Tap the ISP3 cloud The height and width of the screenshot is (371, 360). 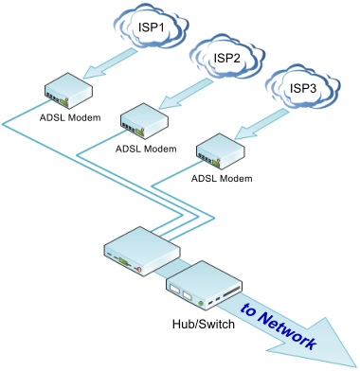(x=301, y=87)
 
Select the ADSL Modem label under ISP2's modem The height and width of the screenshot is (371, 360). (x=146, y=149)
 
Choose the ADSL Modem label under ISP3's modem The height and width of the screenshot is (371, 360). (x=222, y=177)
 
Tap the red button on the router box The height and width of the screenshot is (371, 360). (x=139, y=271)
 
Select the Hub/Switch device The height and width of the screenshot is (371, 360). (x=204, y=285)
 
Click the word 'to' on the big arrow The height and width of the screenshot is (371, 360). (x=249, y=310)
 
